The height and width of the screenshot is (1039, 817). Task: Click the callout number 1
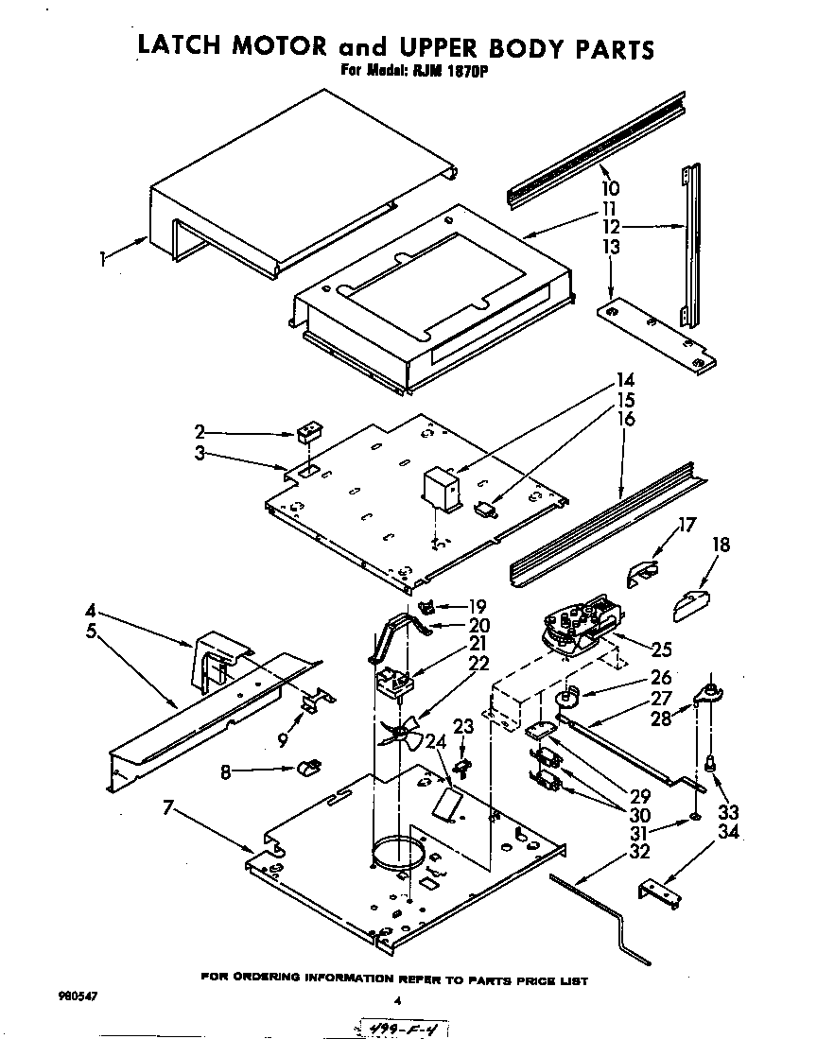(x=103, y=256)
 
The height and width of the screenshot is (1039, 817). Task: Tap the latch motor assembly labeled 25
(x=577, y=624)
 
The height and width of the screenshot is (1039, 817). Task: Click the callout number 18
(x=721, y=545)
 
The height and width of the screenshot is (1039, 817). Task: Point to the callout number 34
(x=727, y=832)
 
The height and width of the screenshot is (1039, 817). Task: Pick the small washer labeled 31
(x=695, y=814)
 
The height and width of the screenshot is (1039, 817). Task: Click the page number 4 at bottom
(x=398, y=1000)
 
